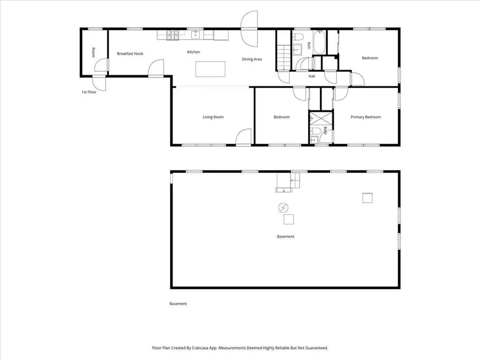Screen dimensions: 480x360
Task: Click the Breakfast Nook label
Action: [130, 53]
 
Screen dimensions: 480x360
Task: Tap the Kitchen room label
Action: [194, 52]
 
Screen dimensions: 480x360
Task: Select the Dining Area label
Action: [252, 59]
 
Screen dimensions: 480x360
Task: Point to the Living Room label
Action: [213, 117]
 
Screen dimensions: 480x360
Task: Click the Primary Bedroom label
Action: [366, 117]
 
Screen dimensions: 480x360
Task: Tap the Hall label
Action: [312, 76]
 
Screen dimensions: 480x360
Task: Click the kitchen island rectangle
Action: [210, 69]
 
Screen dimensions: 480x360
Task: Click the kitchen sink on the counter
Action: [195, 35]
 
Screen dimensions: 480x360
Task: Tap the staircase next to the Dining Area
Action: [284, 58]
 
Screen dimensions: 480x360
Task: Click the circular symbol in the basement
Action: [283, 208]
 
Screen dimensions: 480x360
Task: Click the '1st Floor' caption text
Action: [89, 92]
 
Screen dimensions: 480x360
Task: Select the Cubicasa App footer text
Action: [240, 348]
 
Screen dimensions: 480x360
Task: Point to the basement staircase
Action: [287, 183]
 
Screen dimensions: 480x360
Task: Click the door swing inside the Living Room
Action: [243, 136]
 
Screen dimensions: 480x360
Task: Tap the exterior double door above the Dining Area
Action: [249, 29]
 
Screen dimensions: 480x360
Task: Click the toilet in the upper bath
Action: [298, 37]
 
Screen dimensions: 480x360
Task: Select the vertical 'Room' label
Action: [93, 52]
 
